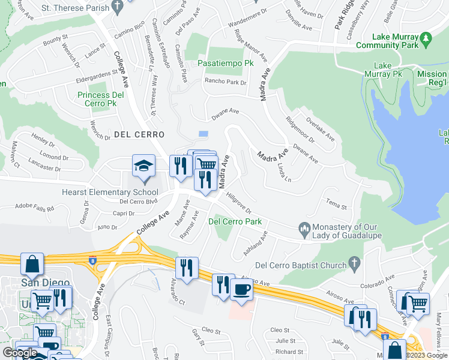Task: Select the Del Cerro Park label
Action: pyautogui.click(x=235, y=221)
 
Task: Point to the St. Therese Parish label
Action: pyautogui.click(x=76, y=8)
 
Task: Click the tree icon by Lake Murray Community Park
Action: pyautogui.click(x=426, y=38)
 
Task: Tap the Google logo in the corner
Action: pyautogui.click(x=19, y=353)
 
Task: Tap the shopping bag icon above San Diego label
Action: pyautogui.click(x=32, y=264)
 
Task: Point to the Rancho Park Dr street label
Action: pyautogui.click(x=226, y=82)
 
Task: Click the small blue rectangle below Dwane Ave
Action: pyautogui.click(x=203, y=133)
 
